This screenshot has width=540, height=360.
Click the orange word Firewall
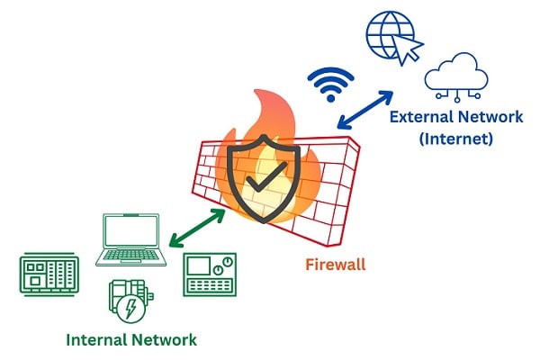click(336, 265)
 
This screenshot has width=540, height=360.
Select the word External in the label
click(422, 117)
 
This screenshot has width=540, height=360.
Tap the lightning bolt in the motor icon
click(130, 307)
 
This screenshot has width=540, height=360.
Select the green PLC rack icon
click(49, 274)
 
